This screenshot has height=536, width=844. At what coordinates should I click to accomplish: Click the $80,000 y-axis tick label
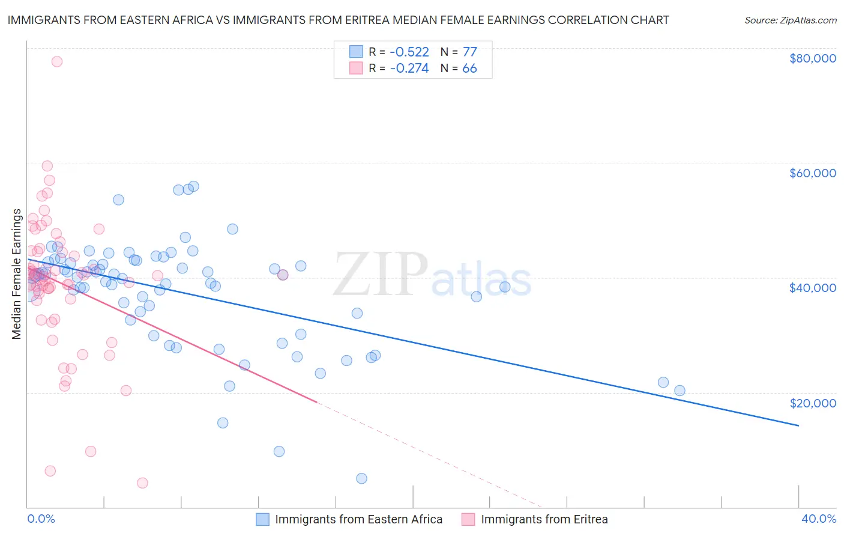(x=812, y=58)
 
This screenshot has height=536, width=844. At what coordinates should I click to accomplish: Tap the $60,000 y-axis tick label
(x=812, y=173)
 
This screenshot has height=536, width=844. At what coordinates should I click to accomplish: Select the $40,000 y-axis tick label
(x=812, y=288)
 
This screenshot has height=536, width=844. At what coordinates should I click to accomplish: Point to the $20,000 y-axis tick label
(x=812, y=403)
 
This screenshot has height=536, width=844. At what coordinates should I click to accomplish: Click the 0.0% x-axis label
(x=41, y=519)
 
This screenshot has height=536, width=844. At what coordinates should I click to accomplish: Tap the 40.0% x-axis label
(x=818, y=519)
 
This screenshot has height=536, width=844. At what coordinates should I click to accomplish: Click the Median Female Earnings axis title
(x=17, y=274)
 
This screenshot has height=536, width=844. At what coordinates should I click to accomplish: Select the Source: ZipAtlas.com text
(x=790, y=20)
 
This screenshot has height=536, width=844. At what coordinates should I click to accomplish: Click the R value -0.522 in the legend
(x=409, y=52)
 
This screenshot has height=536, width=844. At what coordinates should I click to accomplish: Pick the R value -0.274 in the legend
(x=409, y=69)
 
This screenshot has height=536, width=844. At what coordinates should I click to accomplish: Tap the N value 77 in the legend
(x=469, y=52)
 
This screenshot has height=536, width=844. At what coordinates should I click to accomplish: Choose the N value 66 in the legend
(x=469, y=69)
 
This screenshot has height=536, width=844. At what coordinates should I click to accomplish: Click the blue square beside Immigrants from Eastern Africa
(x=262, y=519)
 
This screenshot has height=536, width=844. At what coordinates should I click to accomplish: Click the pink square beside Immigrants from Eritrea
(x=468, y=519)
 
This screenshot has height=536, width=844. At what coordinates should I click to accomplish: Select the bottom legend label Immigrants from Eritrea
(x=544, y=519)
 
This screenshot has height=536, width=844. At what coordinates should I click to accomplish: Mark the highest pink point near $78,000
(x=57, y=61)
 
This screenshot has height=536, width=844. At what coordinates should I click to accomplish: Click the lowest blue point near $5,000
(x=361, y=478)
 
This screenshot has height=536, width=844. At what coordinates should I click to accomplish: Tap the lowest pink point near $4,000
(x=142, y=483)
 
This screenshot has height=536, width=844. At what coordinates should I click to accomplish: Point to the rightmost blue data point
(x=680, y=391)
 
